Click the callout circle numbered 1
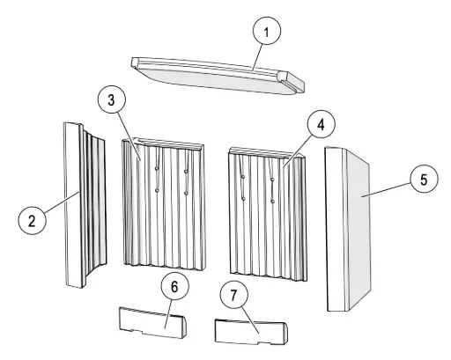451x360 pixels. point(267,31)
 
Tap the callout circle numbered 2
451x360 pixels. point(32,220)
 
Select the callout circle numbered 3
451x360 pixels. point(111,99)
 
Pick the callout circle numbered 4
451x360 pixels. point(321,124)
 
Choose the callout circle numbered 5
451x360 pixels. point(424,180)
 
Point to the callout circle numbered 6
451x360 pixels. point(174,286)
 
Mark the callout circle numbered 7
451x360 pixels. point(233,295)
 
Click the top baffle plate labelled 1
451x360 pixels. point(218,77)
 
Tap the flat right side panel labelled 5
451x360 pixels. point(348,231)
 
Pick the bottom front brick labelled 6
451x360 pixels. point(152,323)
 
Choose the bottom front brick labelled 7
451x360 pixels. point(251,332)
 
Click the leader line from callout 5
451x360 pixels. point(386,190)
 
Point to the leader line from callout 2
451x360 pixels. point(62,202)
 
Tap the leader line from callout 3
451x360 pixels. point(129,136)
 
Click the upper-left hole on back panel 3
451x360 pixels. point(157,168)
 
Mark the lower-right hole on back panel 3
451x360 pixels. point(186,193)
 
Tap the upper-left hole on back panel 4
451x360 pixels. point(243,177)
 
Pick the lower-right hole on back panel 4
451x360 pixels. point(273,202)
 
